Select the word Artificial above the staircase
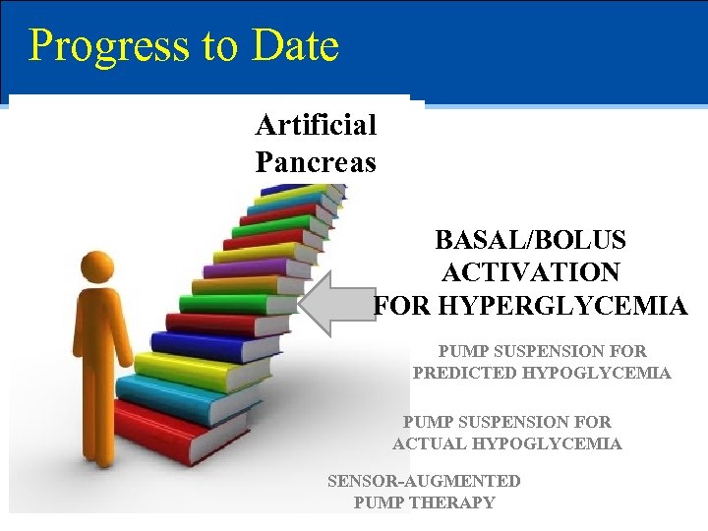[316, 125]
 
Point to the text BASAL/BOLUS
[530, 240]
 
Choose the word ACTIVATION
[530, 272]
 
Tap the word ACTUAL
[430, 443]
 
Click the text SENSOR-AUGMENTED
[423, 481]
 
